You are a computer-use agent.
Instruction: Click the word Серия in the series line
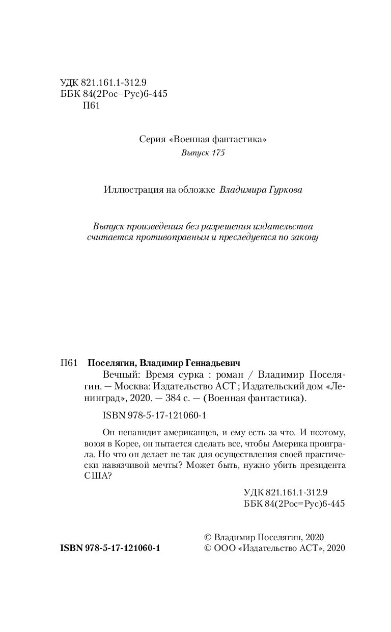(152, 139)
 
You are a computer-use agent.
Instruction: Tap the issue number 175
(217, 153)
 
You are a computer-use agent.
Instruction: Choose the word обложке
(197, 190)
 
